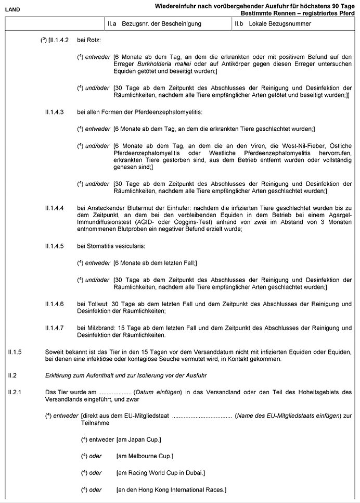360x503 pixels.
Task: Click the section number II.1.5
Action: (15, 351)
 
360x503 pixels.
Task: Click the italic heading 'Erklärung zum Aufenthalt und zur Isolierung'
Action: (108, 375)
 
